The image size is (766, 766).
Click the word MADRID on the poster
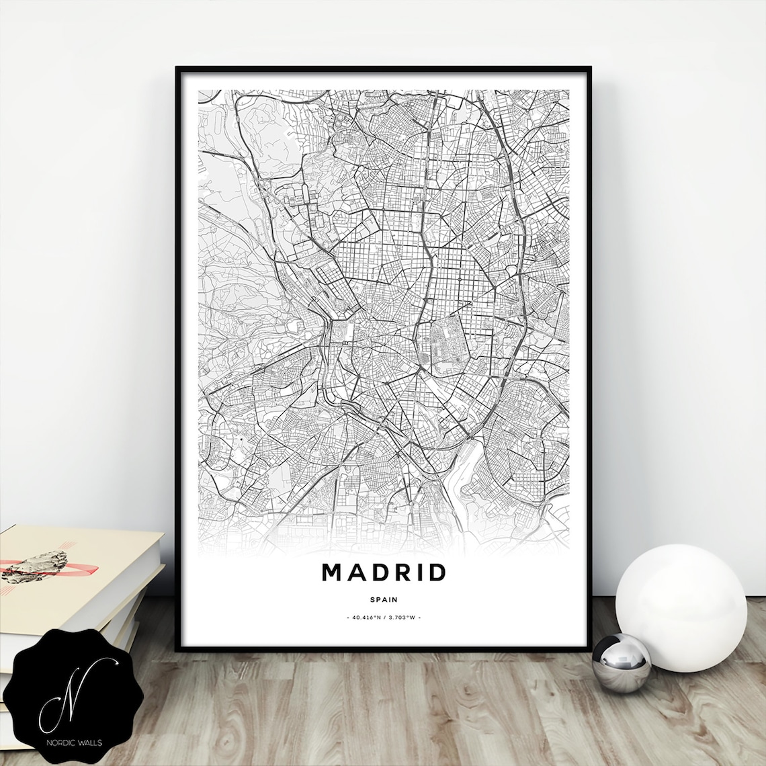[x=384, y=572]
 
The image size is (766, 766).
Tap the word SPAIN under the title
[x=384, y=599]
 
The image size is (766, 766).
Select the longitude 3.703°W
[x=402, y=617]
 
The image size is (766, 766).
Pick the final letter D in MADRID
[x=435, y=572]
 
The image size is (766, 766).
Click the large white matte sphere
[x=681, y=607]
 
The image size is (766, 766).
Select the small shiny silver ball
[x=621, y=663]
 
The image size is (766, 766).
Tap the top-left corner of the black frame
[x=177, y=69]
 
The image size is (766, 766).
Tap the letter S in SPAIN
[x=372, y=599]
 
